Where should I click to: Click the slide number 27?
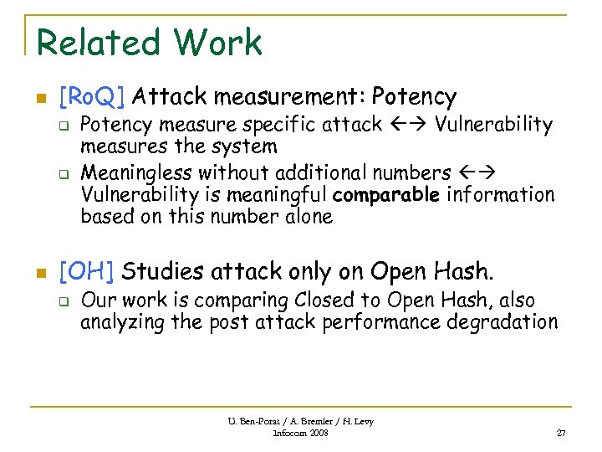coord(560,433)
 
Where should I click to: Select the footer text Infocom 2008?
coord(301,433)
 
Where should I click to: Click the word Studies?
coord(161,271)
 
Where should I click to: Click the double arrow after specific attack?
coord(409,126)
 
